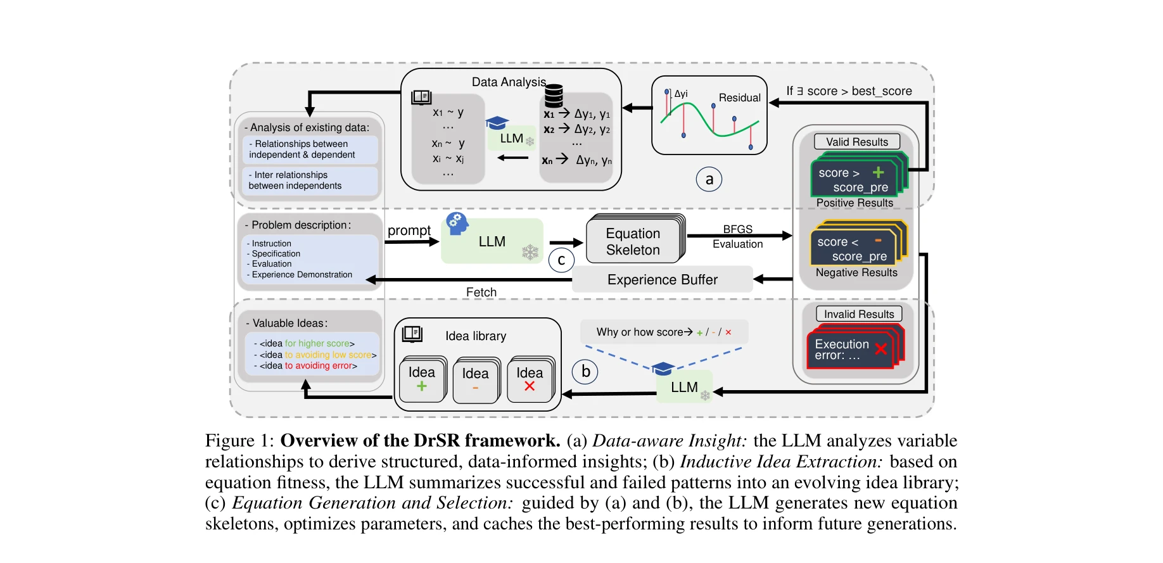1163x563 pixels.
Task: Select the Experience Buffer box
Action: (662, 279)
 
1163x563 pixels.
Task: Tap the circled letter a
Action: (709, 180)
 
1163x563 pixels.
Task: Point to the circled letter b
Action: (585, 372)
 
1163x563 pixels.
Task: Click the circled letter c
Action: (561, 260)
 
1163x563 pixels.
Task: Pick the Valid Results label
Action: (856, 142)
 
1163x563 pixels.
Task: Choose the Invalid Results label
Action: (858, 314)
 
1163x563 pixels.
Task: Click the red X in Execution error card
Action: (880, 348)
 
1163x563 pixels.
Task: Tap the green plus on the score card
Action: (878, 172)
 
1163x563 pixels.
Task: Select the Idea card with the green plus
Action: (422, 379)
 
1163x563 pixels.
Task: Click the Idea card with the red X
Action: (530, 379)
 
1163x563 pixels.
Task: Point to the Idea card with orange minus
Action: (475, 380)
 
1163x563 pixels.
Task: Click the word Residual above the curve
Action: (739, 98)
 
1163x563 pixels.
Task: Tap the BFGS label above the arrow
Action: (737, 229)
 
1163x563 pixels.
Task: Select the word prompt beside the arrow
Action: (409, 231)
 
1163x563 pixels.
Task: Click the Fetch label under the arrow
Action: (481, 292)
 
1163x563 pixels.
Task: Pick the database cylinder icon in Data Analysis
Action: (554, 96)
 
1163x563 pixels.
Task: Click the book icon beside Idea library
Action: (412, 334)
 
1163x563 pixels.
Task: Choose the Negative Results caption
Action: (856, 272)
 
